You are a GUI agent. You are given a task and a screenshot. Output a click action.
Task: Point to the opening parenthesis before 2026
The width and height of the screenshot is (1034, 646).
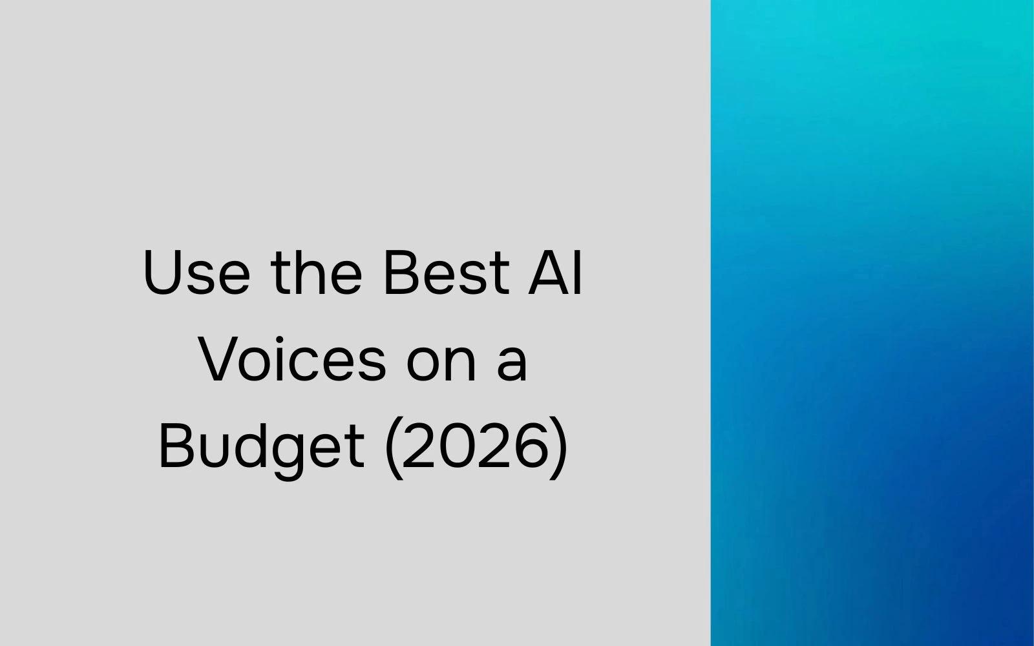392,447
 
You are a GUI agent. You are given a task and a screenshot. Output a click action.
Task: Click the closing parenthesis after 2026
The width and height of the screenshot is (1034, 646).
560,447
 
